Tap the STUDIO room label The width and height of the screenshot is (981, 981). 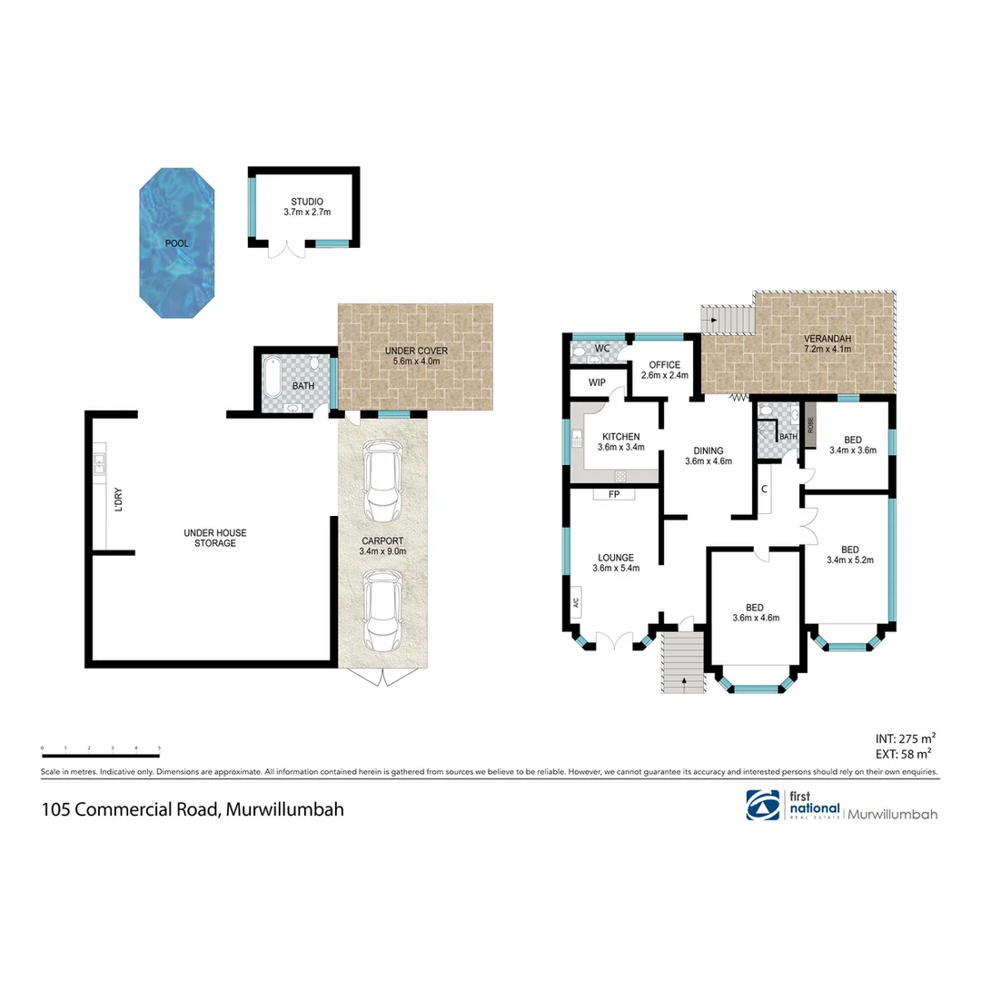point(306,202)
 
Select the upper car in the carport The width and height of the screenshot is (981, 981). point(381,480)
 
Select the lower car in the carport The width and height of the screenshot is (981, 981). point(381,609)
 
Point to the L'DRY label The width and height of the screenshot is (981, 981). point(118,501)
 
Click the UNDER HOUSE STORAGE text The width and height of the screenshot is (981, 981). point(214,538)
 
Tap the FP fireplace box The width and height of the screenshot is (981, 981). point(614,495)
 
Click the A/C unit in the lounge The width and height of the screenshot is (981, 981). point(576,603)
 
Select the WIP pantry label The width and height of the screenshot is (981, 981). point(597,382)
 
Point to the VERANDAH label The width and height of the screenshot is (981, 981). point(826,340)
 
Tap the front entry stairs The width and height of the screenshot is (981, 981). point(682,663)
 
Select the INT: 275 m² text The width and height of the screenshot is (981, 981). point(904,738)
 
